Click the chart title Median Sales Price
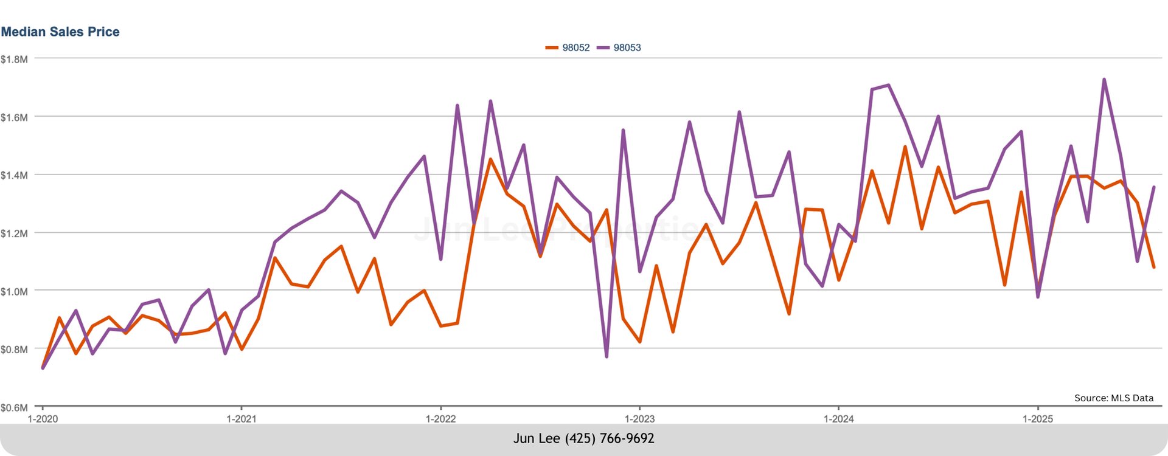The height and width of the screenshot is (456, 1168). pos(60,32)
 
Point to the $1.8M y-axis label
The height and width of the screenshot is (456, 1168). pos(14,59)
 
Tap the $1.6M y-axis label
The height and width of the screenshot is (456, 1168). pos(14,117)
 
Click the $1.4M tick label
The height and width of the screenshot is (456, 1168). pos(14,175)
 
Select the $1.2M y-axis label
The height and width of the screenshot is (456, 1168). pos(14,233)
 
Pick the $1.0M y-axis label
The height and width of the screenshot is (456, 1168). pos(14,291)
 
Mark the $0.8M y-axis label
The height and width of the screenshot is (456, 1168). pos(14,350)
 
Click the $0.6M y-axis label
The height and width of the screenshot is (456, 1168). pos(14,407)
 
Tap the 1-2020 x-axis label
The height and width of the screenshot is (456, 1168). pos(43,419)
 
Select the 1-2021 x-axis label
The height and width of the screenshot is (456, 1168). pos(242,419)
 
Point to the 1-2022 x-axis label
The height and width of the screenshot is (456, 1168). pos(440,419)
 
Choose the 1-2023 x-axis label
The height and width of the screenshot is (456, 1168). pos(639,419)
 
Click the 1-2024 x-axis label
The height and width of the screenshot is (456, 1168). pos(838,419)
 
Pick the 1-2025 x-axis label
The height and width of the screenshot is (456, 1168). pos(1037,419)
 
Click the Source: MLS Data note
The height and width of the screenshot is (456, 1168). pos(1113,398)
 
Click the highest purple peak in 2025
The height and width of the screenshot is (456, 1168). pos(1104,80)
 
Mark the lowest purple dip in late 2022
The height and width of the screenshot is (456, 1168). pos(607,356)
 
